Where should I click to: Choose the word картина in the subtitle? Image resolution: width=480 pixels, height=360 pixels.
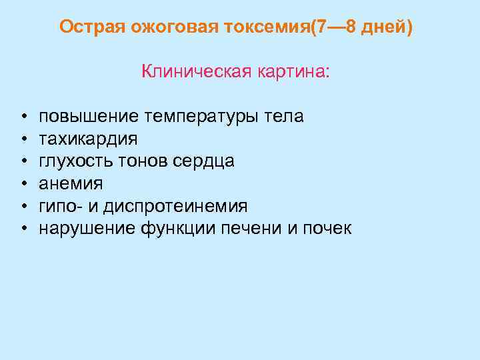click(x=293, y=71)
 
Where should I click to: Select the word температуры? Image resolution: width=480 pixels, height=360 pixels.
click(x=197, y=117)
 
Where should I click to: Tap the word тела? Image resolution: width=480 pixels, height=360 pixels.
click(x=284, y=117)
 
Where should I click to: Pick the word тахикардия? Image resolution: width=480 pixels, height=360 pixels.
click(x=89, y=139)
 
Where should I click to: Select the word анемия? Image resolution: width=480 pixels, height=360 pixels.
click(x=71, y=184)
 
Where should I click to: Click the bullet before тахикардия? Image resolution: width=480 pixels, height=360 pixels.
click(x=23, y=139)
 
